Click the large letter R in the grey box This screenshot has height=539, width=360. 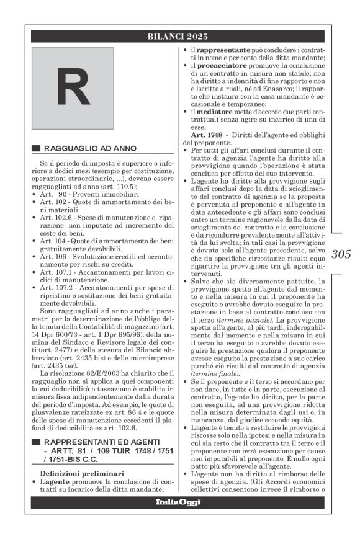pyautogui.click(x=74, y=89)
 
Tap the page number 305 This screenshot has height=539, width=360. pyautogui.click(x=341, y=254)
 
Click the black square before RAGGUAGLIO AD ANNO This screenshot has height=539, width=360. pyautogui.click(x=35, y=149)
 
